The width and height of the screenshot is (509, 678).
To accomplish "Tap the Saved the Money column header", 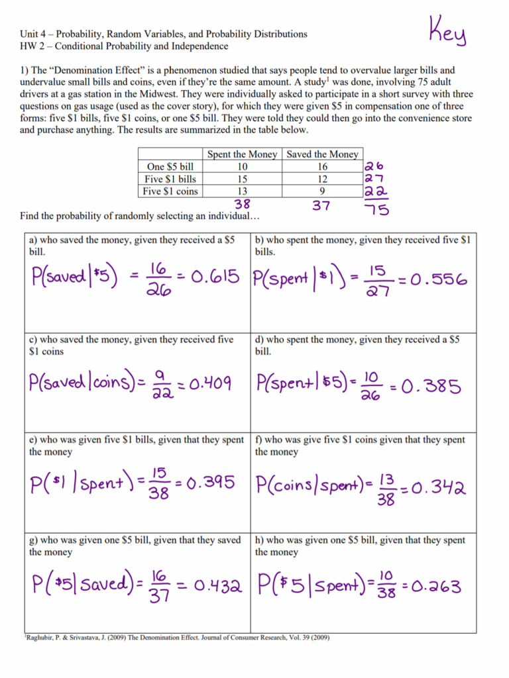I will coord(322,154).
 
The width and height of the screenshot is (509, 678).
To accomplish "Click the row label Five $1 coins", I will coord(170,191).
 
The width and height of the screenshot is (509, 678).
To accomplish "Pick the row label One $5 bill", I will coord(170,167).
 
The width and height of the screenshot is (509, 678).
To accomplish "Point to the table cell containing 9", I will coord(322,191).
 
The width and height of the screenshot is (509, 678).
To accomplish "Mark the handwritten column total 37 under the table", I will coord(321,206).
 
